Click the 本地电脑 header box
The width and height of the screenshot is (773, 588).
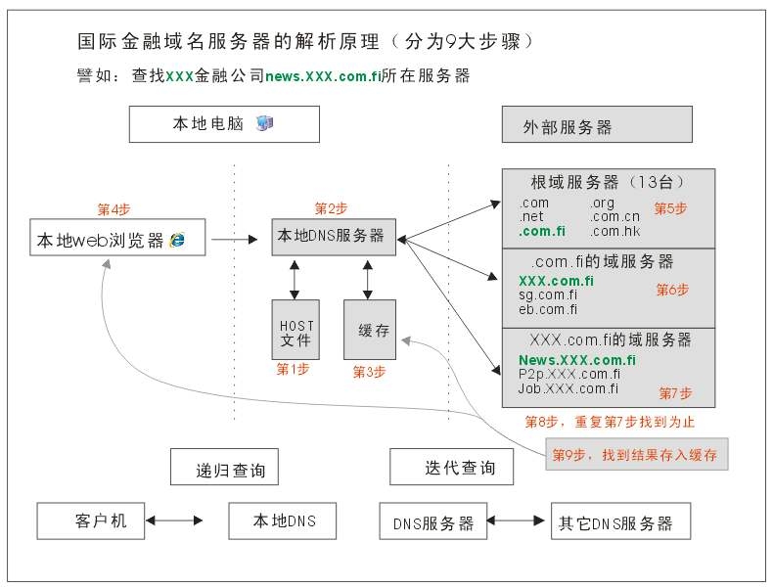[x=223, y=124]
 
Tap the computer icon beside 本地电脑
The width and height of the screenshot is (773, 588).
[x=264, y=123]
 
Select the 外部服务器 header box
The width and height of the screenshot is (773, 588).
[x=595, y=125]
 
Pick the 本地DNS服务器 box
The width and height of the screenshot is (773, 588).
[x=333, y=236]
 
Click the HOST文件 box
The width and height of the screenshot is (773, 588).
[x=295, y=331]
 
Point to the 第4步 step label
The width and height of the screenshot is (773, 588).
[x=114, y=208]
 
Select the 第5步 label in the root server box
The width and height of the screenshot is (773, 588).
[x=670, y=207]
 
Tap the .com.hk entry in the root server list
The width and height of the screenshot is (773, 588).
[x=615, y=232]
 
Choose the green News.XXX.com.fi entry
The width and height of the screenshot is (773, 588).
[x=576, y=360]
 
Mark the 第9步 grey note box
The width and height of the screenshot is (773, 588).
[x=636, y=455]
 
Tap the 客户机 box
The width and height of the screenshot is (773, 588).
[x=91, y=520]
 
